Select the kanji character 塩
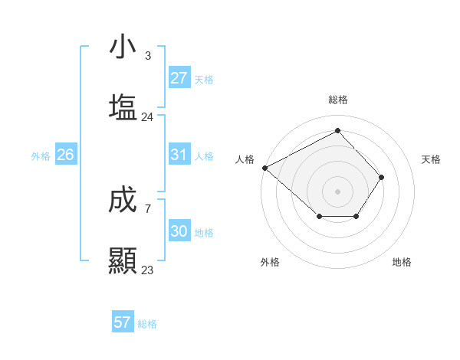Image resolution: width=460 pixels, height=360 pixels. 123,107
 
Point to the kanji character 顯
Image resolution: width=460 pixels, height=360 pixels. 123,260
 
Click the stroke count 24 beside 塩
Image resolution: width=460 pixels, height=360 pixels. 147,117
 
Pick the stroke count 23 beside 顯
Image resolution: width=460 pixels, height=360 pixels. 147,270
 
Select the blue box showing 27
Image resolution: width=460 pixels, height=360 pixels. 179,78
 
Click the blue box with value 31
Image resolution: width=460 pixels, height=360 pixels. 179,155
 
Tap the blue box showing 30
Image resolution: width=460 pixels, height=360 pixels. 179,231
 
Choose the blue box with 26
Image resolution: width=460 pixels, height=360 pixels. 65,155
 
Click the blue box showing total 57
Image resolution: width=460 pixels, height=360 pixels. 122,322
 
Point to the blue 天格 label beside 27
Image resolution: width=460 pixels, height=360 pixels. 203,79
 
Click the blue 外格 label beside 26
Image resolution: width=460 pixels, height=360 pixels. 41,155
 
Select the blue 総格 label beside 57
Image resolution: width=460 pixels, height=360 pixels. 147,324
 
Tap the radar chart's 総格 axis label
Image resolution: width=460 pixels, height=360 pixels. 338,100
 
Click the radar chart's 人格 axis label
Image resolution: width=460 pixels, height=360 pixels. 245,159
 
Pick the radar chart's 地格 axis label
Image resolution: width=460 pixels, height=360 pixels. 402,262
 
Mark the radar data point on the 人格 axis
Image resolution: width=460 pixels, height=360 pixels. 264,167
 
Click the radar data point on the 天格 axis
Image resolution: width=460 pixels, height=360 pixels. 382,177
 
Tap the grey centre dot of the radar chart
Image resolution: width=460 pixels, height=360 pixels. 337,191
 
